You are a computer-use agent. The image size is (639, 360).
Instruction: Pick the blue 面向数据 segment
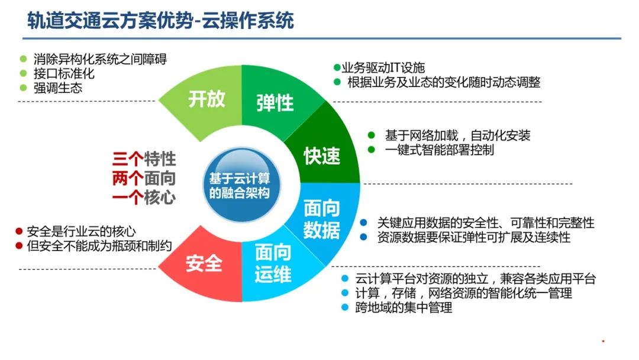pos(323,220)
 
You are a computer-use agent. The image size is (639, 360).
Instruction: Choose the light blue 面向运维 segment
pos(273,265)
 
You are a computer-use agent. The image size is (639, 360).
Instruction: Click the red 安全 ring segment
pos(204,263)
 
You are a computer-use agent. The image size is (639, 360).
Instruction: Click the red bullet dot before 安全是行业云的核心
pos(19,232)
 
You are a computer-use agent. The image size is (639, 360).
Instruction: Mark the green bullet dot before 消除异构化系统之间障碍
pos(24,59)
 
